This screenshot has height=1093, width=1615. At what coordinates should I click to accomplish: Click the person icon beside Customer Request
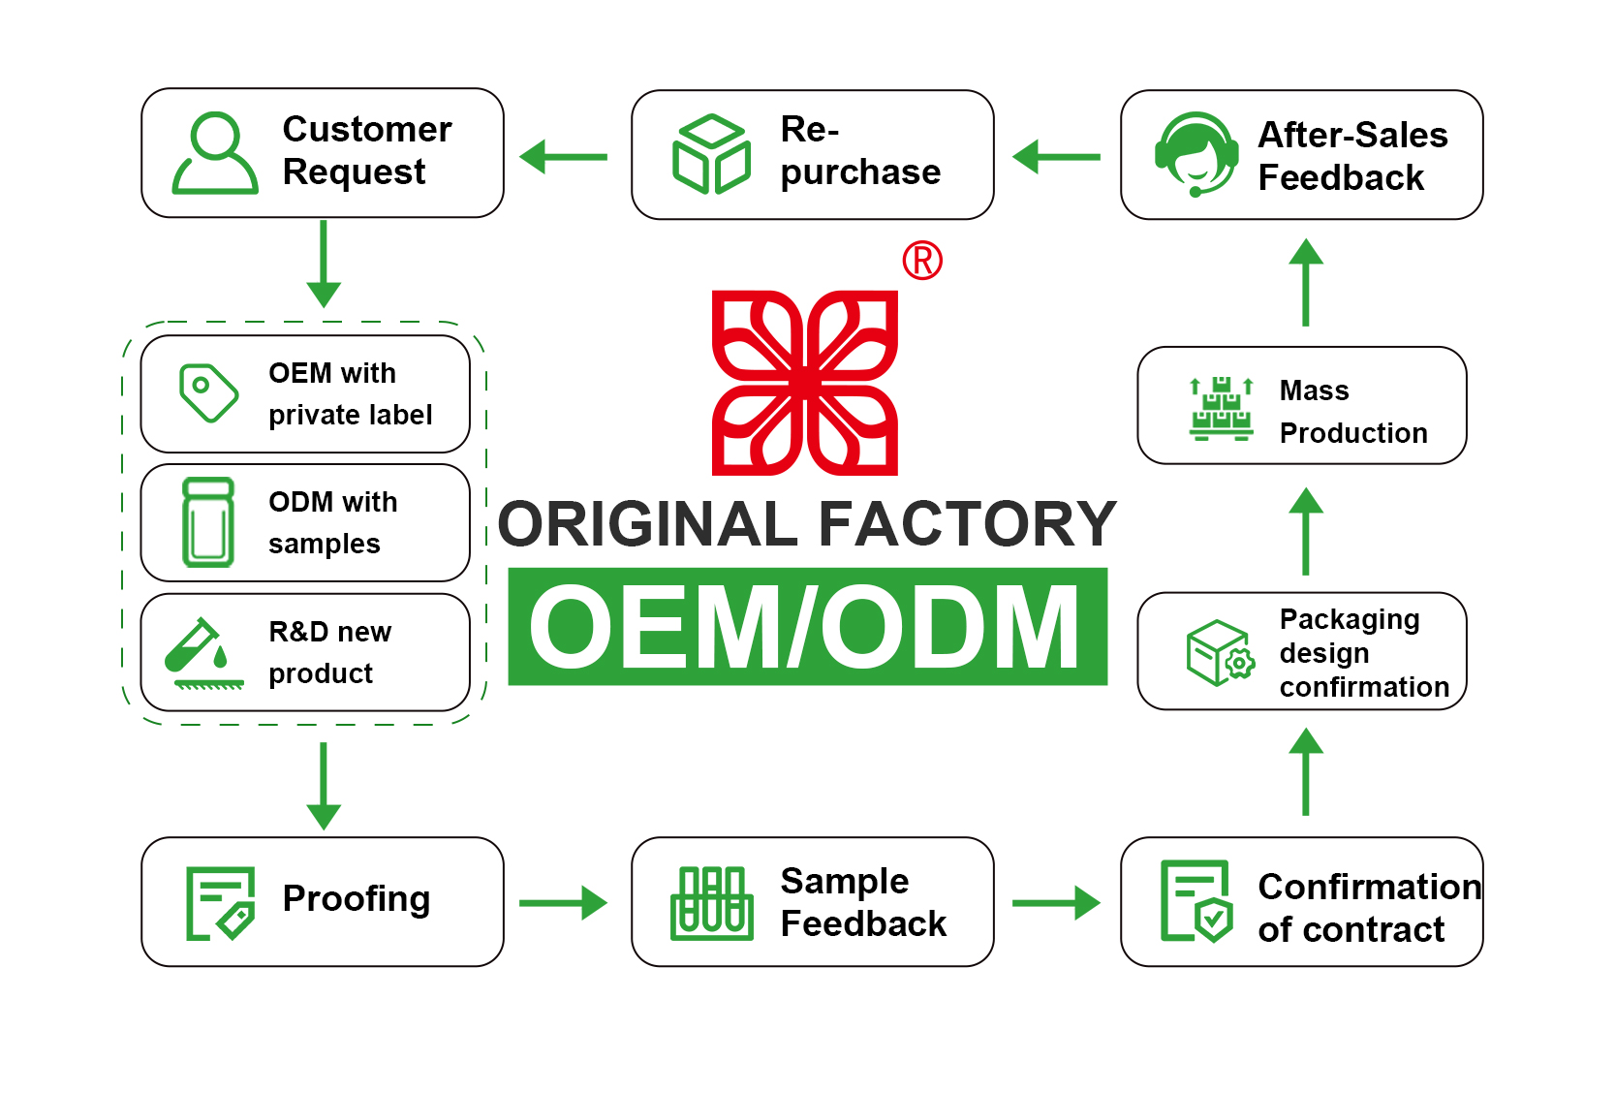[215, 153]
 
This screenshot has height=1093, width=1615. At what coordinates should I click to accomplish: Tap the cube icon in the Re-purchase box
[711, 155]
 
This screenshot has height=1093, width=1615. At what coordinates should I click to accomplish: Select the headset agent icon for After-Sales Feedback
[1197, 154]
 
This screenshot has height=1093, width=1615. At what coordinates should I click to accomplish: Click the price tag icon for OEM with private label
[208, 392]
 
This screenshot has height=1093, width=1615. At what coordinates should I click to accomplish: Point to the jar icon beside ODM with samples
[208, 522]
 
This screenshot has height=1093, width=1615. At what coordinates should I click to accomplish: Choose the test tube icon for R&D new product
[203, 652]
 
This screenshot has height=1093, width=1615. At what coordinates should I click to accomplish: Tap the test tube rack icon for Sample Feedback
[712, 903]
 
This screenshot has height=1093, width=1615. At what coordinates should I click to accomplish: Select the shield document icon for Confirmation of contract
[1197, 901]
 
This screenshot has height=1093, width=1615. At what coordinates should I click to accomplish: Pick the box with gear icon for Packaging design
[1220, 653]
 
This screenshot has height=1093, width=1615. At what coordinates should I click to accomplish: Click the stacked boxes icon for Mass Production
[1221, 408]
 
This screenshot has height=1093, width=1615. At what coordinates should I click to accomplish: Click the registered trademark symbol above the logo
[922, 261]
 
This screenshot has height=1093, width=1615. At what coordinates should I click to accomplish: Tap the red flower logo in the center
[805, 383]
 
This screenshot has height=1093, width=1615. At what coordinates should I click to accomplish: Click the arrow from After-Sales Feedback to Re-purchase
[1056, 156]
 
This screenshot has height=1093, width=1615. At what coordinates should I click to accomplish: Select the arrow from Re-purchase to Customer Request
[564, 156]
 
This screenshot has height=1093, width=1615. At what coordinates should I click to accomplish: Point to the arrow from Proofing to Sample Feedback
[563, 903]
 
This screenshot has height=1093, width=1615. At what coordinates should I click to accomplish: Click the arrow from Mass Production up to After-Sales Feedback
[1306, 282]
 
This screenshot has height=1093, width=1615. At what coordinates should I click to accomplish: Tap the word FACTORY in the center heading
[968, 524]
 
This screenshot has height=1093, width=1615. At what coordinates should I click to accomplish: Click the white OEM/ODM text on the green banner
[805, 628]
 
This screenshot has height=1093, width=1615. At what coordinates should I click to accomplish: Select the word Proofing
[357, 899]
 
